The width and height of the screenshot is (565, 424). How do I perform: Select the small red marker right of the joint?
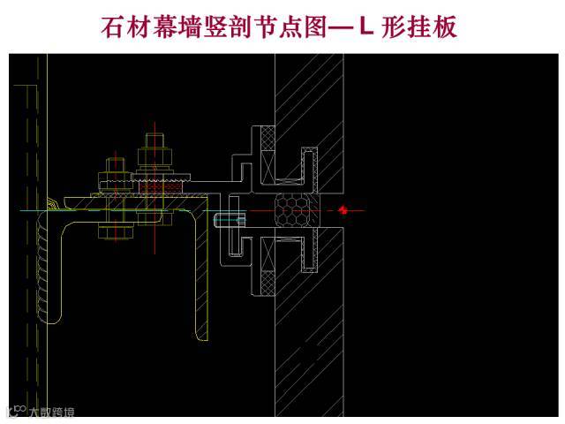[x=343, y=210]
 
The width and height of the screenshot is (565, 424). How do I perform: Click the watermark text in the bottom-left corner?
[x=44, y=411]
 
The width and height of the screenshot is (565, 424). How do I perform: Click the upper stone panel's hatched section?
[x=309, y=115]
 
